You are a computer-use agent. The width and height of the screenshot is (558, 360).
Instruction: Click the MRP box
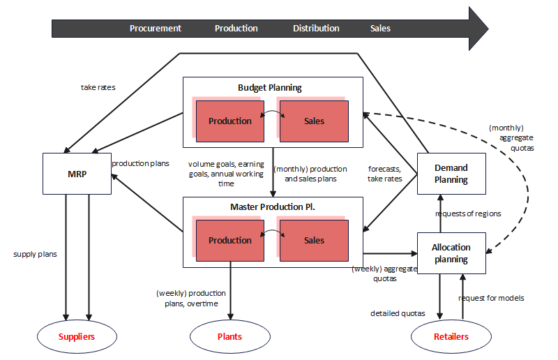[x=77, y=173]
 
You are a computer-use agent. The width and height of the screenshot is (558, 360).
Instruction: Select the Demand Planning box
[x=451, y=174]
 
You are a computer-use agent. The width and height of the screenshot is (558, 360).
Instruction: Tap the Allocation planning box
[x=451, y=253]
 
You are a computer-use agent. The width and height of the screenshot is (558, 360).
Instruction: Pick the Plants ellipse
[x=229, y=336]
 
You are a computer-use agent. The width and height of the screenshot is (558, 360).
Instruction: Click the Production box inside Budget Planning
[x=229, y=121]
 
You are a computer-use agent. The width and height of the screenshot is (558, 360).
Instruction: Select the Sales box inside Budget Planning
[x=314, y=121]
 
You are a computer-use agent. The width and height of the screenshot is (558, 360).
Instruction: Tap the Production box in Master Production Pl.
[x=229, y=241]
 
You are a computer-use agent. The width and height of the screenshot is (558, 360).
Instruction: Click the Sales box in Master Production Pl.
[x=314, y=241]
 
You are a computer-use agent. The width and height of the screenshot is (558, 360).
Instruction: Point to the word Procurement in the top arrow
[x=155, y=29]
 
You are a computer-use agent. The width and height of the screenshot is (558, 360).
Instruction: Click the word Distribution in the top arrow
[x=316, y=29]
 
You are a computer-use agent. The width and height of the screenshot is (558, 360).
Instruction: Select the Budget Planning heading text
[x=270, y=88]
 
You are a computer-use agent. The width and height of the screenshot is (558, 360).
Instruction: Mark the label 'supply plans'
[x=35, y=254]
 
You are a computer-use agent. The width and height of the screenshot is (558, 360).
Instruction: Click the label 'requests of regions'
[x=468, y=213]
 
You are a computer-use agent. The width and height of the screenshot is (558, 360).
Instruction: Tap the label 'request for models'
[x=491, y=298]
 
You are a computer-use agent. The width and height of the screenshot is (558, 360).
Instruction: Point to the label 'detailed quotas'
[x=398, y=313]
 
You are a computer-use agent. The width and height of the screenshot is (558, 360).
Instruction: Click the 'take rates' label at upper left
[x=98, y=88]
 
